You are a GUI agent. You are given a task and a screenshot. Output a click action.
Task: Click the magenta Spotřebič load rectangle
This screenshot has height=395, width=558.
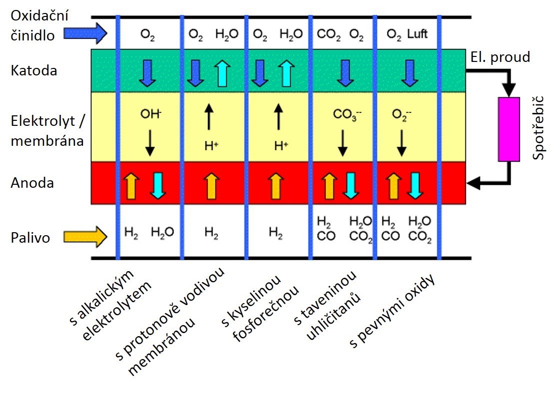509,129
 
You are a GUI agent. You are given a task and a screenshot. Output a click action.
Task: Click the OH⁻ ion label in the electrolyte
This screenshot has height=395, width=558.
150,114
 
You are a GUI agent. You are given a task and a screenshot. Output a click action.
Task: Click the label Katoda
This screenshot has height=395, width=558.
33,70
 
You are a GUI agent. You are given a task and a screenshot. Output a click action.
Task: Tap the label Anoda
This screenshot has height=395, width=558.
32,183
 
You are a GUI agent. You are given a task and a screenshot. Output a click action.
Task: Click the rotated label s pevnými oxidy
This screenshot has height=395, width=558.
393,312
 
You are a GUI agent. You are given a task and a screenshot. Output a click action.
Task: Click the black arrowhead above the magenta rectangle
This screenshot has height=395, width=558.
509,91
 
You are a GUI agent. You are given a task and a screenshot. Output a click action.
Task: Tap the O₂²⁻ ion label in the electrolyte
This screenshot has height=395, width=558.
400,114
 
